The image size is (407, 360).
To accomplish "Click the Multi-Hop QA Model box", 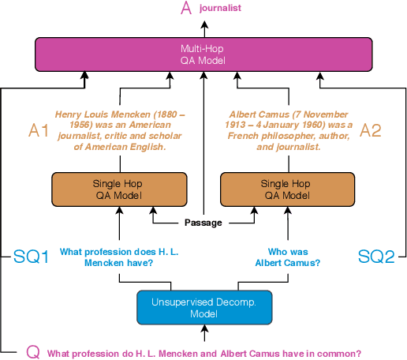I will (203, 54).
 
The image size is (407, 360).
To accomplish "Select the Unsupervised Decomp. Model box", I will (203, 307).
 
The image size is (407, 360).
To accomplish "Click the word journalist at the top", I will (220, 8).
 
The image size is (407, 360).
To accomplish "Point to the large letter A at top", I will (186, 9).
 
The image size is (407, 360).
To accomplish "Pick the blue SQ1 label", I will (32, 257).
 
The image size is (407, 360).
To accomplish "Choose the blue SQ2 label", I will (375, 257).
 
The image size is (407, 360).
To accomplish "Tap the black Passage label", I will (203, 223).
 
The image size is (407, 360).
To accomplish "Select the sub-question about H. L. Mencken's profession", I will (118, 257).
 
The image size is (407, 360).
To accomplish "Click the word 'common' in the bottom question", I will (340, 353).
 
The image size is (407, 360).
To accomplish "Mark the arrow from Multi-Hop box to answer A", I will (203, 28).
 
